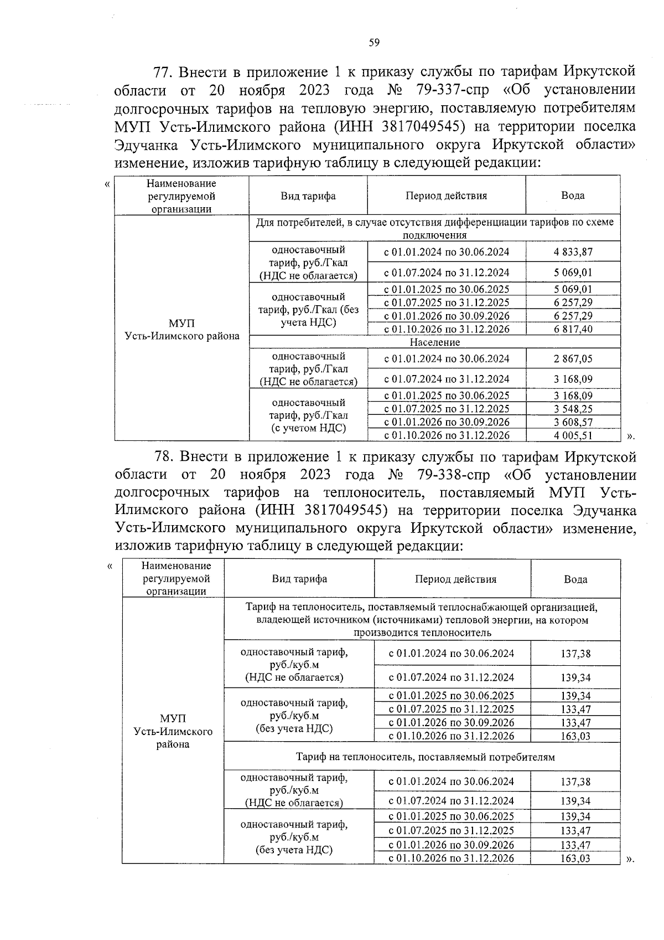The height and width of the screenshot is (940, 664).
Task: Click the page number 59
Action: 374,43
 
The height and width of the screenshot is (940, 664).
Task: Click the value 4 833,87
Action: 573,252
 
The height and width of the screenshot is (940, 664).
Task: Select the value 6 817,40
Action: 573,329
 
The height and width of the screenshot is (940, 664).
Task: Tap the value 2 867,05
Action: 573,359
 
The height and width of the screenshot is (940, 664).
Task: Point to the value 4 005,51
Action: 573,435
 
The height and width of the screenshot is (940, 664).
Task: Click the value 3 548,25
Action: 573,409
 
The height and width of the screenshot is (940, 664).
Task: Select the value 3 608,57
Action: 573,422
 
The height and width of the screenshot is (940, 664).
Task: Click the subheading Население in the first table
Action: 434,342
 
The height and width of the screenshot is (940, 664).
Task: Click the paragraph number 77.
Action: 164,73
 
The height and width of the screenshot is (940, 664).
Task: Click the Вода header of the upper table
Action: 573,196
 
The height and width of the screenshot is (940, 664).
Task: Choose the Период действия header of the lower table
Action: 455,579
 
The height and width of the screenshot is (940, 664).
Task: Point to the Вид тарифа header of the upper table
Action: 308,196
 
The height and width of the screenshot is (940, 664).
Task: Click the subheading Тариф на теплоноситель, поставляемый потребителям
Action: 425,757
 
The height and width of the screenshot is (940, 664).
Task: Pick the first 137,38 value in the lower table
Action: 575,654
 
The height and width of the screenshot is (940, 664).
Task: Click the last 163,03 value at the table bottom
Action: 575,859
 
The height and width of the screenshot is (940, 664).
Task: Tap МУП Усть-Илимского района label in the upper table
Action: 182,330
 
